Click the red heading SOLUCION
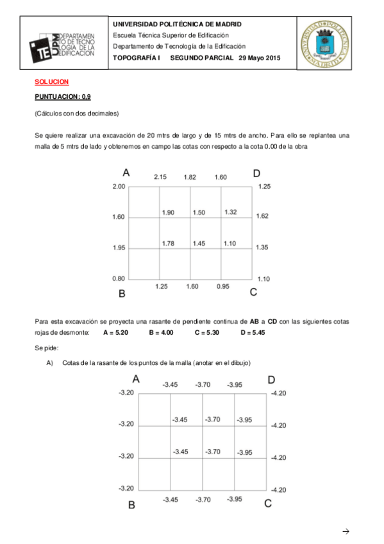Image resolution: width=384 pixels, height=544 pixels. (x=51, y=82)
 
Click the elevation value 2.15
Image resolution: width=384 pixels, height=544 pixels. (x=160, y=177)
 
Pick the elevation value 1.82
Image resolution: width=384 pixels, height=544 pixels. (x=190, y=177)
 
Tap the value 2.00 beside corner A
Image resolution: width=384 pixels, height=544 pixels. (x=119, y=187)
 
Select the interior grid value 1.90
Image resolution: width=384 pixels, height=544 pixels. (x=169, y=212)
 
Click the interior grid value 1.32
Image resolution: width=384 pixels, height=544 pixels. (x=231, y=212)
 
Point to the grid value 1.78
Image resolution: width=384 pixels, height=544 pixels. (x=169, y=243)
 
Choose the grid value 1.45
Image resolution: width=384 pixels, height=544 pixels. (x=199, y=243)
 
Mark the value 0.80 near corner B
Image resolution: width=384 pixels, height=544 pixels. (x=119, y=278)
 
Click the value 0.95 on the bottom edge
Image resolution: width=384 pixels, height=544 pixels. (x=222, y=286)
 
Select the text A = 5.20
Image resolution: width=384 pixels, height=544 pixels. (x=116, y=333)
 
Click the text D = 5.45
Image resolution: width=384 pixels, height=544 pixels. (x=253, y=333)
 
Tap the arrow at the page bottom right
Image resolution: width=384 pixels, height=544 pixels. (x=346, y=531)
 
